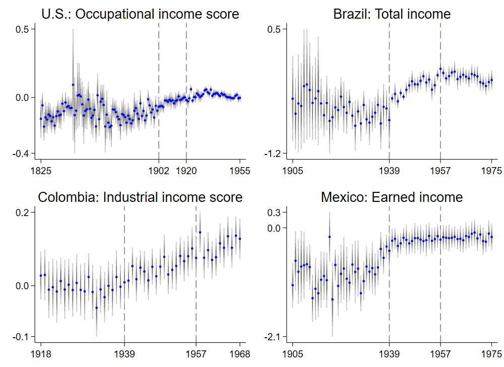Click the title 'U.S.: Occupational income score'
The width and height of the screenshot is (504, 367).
(x=140, y=14)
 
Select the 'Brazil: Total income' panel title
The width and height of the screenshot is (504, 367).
(x=392, y=14)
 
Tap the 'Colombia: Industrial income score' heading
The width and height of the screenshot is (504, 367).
(x=140, y=197)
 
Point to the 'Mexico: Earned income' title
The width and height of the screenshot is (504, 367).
(x=392, y=197)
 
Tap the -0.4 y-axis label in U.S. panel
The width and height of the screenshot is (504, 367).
(x=23, y=153)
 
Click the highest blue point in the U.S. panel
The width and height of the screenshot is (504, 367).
(x=73, y=85)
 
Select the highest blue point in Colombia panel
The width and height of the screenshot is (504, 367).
(x=200, y=232)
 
